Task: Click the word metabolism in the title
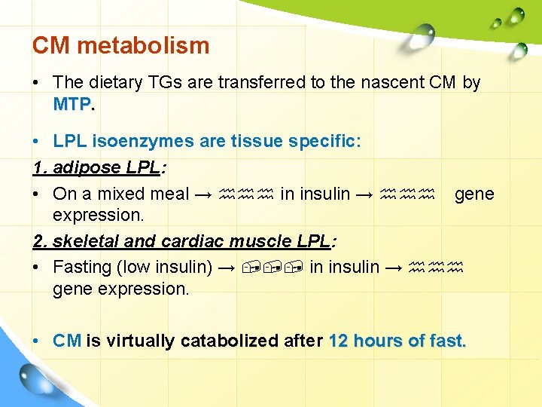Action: [143, 45]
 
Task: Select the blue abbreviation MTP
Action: [72, 105]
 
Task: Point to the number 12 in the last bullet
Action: [340, 341]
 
